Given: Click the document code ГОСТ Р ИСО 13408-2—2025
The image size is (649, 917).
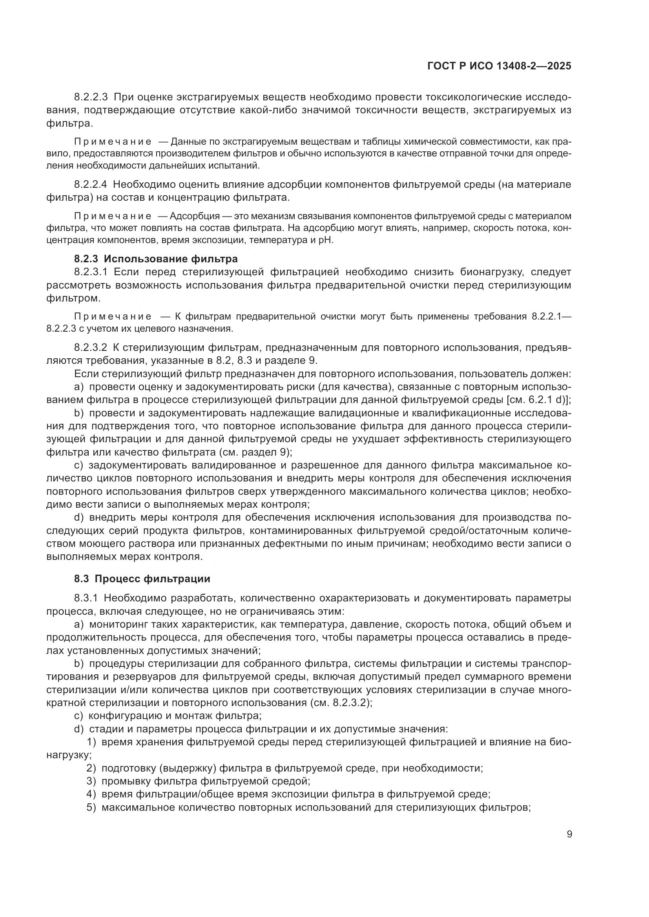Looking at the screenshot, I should pos(499,66).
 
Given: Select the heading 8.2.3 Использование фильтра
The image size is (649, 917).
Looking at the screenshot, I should pos(156,259).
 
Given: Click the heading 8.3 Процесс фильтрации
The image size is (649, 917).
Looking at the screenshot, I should pos(142,578).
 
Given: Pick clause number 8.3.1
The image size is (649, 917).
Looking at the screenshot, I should pos(86,598).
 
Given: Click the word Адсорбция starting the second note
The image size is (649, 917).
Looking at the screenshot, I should pos(195,216).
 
